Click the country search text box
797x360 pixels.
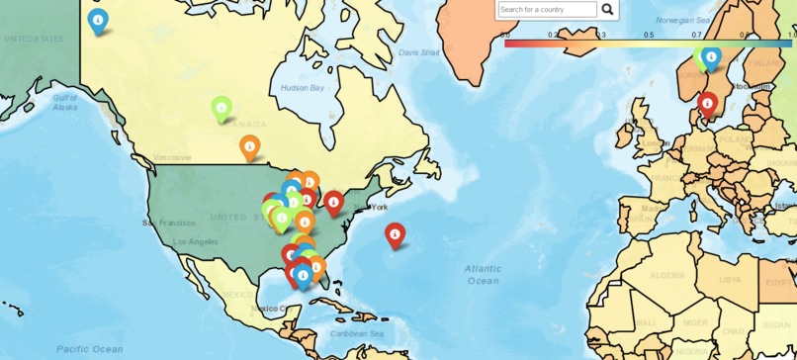[547, 10]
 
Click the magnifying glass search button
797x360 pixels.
[607, 10]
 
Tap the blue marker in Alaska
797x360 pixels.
[98, 20]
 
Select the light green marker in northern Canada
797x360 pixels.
[221, 107]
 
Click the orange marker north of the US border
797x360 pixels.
[249, 147]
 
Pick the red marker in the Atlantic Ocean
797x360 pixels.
[396, 234]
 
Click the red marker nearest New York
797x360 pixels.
[334, 203]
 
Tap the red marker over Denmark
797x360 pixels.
[707, 103]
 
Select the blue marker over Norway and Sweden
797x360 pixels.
[711, 57]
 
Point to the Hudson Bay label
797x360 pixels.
[302, 88]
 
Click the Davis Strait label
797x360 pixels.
[418, 52]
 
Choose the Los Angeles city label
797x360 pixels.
[195, 241]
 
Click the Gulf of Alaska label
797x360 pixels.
[65, 102]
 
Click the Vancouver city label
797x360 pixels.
[172, 157]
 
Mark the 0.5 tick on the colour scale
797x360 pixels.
[649, 35]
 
